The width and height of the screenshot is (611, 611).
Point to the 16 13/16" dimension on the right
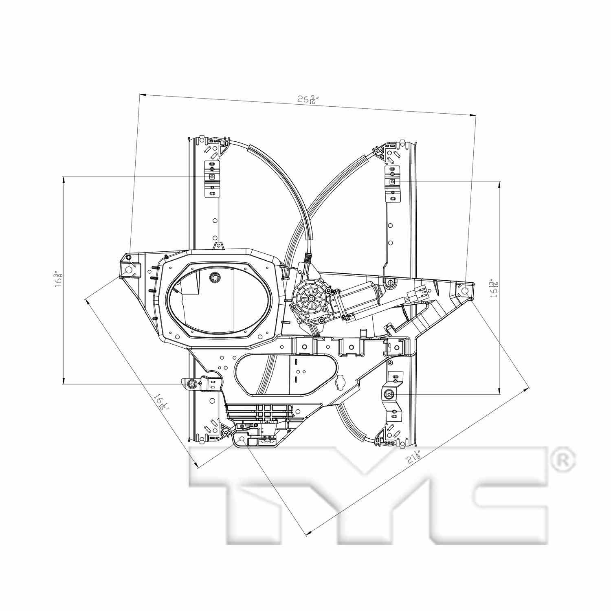pos(494,288)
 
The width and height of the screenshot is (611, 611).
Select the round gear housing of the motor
pos(310,299)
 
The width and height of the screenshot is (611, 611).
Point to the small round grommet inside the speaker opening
pos(214,277)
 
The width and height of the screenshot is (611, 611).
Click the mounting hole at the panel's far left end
pos(128,270)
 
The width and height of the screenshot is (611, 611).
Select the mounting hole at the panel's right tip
pos(465,291)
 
